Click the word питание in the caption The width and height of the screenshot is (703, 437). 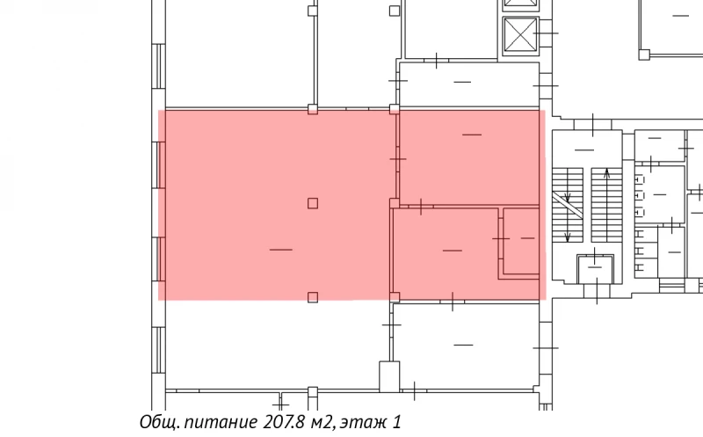pos(217,423)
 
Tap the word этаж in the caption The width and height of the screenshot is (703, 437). pos(365,423)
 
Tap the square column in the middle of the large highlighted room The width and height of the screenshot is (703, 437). pos(313,203)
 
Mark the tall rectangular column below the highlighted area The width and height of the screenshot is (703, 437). pos(388,376)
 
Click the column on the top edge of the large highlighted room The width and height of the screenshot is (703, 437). pos(313,110)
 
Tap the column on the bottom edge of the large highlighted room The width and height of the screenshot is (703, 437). pos(313,297)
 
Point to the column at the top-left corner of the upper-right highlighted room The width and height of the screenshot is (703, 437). pos(395,110)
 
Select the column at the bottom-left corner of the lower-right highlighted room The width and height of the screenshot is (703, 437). pos(395,297)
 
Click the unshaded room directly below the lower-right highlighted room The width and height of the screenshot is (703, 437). pos(464,343)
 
